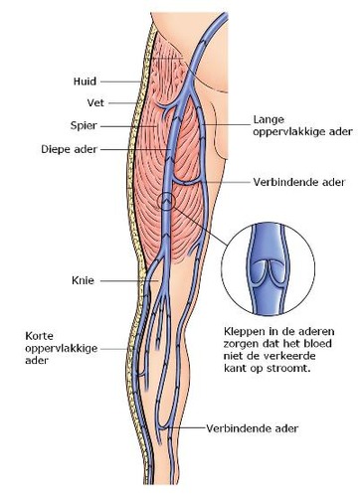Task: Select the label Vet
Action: click(64, 102)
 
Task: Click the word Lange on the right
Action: click(270, 116)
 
